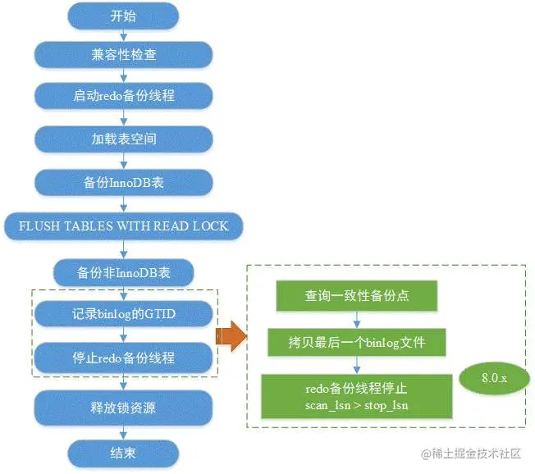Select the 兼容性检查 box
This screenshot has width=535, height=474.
coord(124,56)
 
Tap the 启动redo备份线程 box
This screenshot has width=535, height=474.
coord(124,97)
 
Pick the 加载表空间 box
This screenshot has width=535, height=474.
coord(124,139)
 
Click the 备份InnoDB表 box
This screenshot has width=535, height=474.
coord(124,182)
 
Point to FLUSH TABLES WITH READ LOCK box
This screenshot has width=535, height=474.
coord(123,226)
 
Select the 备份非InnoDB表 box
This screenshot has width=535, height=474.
coord(124,271)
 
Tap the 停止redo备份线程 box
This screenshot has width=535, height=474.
coord(124,358)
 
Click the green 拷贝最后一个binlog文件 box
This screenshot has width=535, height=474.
coord(357,341)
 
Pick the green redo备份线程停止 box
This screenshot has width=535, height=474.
coord(357,396)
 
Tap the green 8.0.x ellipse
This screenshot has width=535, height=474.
coord(493,379)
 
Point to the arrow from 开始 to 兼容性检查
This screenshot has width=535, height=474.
coord(124,34)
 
